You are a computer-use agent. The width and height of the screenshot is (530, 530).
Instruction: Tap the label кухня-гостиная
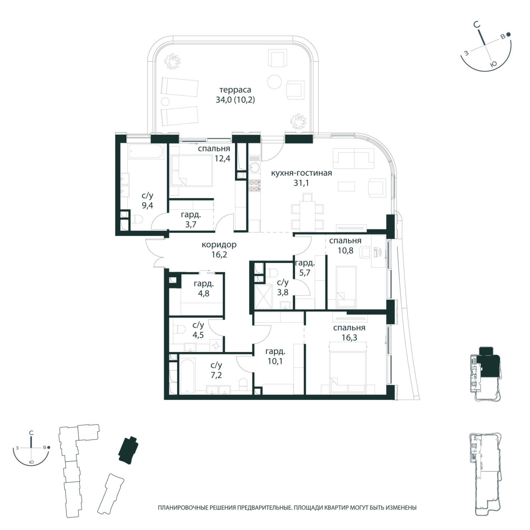[301, 173]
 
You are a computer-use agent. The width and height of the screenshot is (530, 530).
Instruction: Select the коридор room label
[219, 245]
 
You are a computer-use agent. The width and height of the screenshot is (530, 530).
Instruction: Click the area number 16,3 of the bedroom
[349, 337]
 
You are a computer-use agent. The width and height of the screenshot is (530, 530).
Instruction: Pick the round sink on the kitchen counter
[255, 168]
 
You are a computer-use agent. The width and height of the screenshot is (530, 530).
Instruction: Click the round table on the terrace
[275, 82]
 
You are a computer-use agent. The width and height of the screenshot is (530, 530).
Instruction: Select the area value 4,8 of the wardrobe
[203, 294]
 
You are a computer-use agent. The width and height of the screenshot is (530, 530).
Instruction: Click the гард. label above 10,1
[275, 352]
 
